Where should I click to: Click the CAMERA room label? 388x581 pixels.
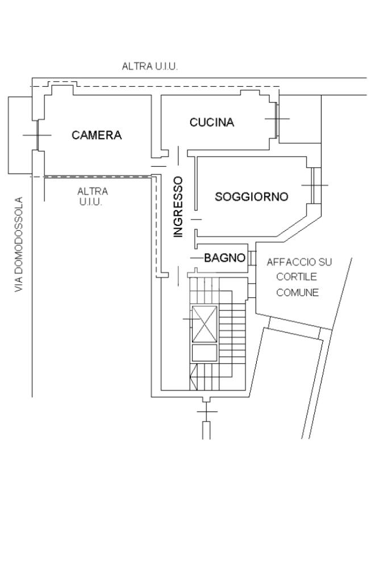[97, 135]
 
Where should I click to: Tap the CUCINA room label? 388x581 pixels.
[211, 122]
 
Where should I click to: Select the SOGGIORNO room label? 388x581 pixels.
[251, 197]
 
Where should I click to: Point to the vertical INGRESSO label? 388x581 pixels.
[178, 207]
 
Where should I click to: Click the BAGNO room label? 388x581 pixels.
[224, 258]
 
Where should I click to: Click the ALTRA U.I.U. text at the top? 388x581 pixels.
[150, 66]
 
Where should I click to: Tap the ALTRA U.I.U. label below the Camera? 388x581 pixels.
[93, 197]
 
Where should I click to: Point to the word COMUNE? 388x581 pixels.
[297, 293]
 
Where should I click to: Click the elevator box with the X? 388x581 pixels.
[204, 324]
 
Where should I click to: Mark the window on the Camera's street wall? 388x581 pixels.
[37, 135]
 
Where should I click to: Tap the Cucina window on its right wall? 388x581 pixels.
[277, 119]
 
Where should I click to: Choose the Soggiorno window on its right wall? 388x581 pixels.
[314, 186]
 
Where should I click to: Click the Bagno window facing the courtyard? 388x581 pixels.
[252, 258]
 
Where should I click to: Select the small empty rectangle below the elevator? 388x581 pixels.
[204, 353]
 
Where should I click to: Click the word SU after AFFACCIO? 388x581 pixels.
[326, 263]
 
